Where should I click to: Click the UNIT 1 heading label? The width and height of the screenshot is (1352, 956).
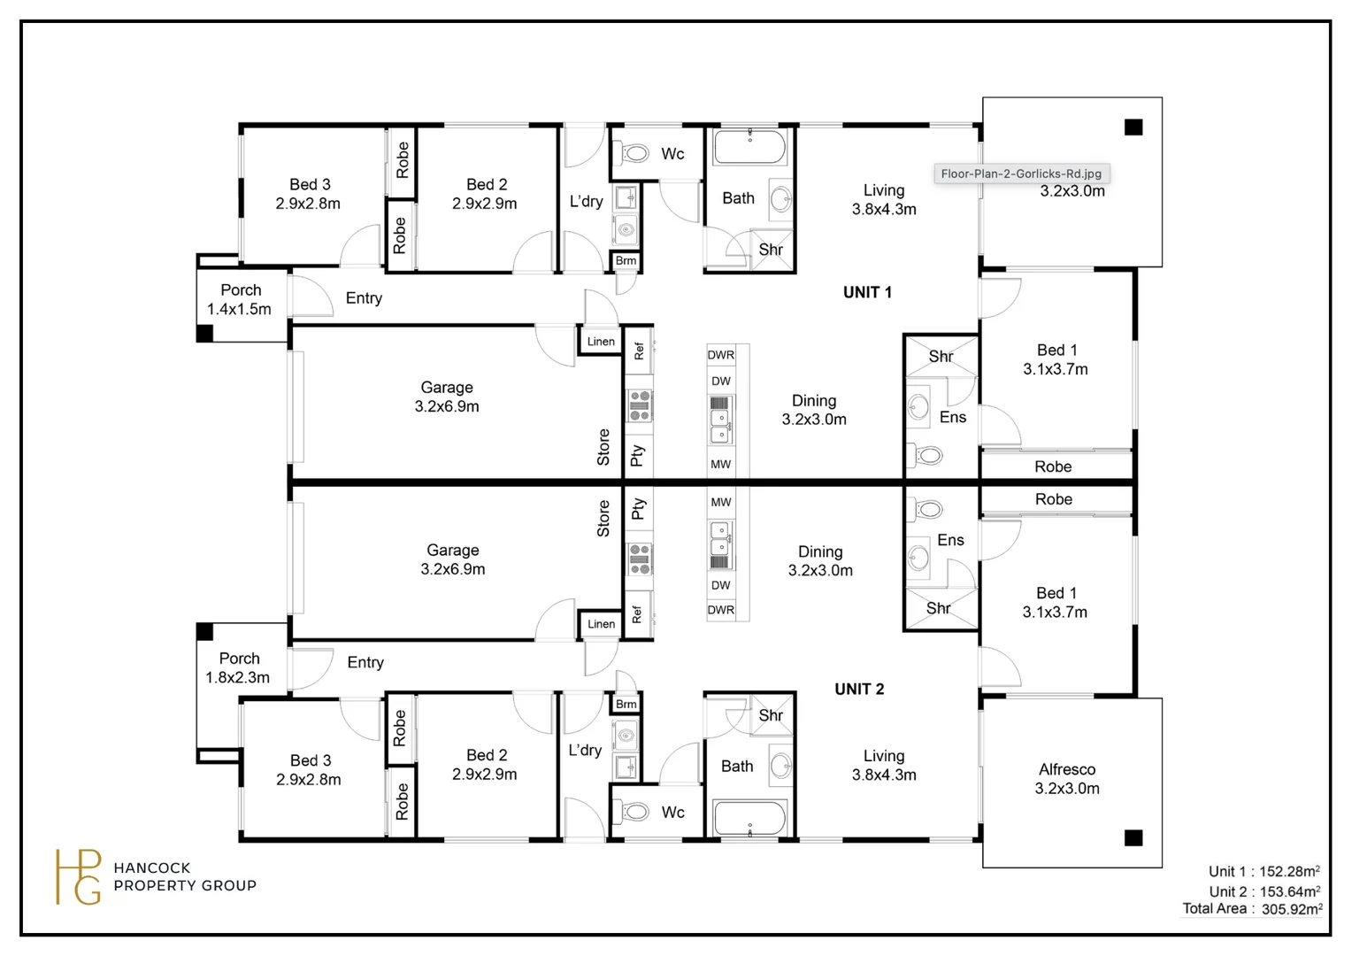click(x=867, y=293)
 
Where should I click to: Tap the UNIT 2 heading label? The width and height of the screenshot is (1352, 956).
click(x=859, y=689)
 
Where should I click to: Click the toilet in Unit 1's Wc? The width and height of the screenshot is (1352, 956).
click(x=632, y=153)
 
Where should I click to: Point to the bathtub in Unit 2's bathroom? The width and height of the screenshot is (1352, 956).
click(x=749, y=818)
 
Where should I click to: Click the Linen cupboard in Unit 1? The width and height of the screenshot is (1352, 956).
click(x=601, y=341)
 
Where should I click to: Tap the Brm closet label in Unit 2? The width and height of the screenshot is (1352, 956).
click(x=626, y=705)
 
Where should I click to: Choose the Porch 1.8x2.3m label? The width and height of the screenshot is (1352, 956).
click(x=238, y=668)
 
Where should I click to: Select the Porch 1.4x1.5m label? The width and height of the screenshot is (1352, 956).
click(x=239, y=299)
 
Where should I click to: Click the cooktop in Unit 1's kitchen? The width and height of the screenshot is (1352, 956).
click(x=639, y=405)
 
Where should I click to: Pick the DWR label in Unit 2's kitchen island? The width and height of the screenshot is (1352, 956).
click(x=720, y=610)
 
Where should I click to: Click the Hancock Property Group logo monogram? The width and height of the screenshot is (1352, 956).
click(x=78, y=877)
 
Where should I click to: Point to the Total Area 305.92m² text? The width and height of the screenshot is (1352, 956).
click(x=1252, y=909)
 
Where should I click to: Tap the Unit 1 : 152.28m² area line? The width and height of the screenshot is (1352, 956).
click(x=1264, y=871)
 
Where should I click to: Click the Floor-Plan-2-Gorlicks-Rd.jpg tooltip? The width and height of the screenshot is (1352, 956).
click(x=1021, y=173)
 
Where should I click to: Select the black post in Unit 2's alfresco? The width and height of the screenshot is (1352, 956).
click(x=1133, y=837)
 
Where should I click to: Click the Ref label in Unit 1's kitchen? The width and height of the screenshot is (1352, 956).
click(x=639, y=351)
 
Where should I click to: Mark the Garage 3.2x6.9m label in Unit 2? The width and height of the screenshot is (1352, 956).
click(x=453, y=559)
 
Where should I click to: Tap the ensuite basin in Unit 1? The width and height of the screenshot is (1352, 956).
click(x=918, y=406)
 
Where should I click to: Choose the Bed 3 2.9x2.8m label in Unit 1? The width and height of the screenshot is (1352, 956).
click(x=308, y=194)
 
